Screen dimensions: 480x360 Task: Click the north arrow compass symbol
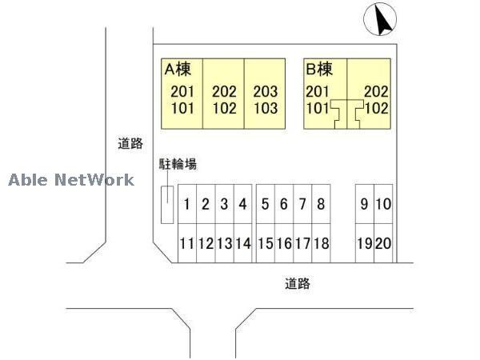(380, 19)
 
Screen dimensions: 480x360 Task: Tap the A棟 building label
(178, 69)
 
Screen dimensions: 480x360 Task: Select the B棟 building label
(319, 69)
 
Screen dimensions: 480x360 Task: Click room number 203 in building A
(266, 91)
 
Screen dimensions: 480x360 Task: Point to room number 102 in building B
(377, 108)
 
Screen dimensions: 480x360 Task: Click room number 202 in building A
(224, 91)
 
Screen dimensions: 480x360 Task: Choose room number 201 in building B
(318, 91)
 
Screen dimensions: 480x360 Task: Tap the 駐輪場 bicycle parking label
(178, 164)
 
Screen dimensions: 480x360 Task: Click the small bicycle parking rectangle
(167, 205)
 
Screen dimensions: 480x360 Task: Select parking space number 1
(187, 204)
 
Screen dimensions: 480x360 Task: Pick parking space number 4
(243, 204)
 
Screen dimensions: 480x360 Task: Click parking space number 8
(321, 204)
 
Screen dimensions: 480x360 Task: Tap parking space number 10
(383, 204)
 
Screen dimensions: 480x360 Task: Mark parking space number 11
(187, 243)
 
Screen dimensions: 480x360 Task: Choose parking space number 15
(266, 243)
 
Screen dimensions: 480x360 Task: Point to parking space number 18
(321, 243)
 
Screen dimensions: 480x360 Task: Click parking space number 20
(383, 243)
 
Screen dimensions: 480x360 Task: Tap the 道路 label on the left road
(130, 143)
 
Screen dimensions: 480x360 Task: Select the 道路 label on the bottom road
(298, 283)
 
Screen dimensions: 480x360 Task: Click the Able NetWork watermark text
(71, 180)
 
